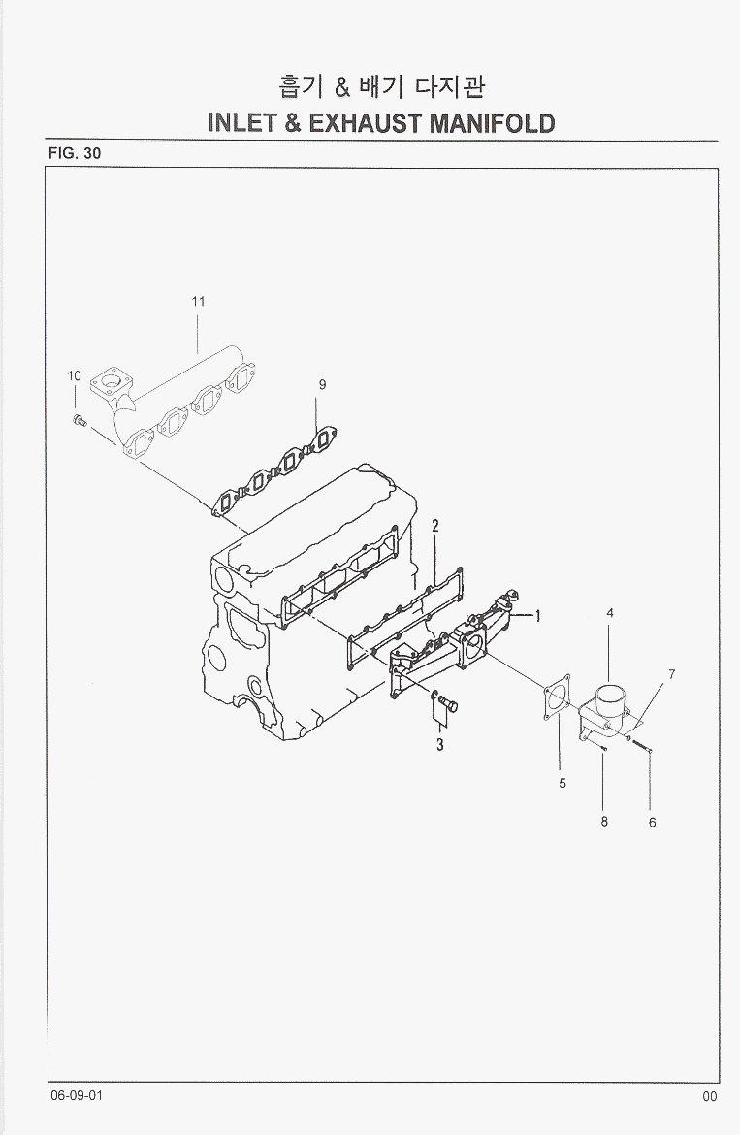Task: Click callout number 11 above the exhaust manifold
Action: pos(198,302)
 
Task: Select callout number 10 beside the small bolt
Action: pos(74,375)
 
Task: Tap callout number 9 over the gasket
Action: pos(322,384)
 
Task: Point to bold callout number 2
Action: pos(436,527)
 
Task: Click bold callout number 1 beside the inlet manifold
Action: pos(537,615)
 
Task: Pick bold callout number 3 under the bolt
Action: pos(439,745)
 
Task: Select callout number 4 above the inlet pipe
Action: pos(610,613)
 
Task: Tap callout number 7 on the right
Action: pos(671,673)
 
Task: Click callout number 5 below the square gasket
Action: pos(563,784)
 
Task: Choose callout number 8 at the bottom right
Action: pos(603,822)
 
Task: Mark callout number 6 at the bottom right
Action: pos(652,823)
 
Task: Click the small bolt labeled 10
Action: pos(79,420)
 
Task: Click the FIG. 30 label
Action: pos(74,153)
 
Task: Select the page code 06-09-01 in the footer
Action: pos(78,1095)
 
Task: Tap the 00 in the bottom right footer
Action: pos(710,1096)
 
